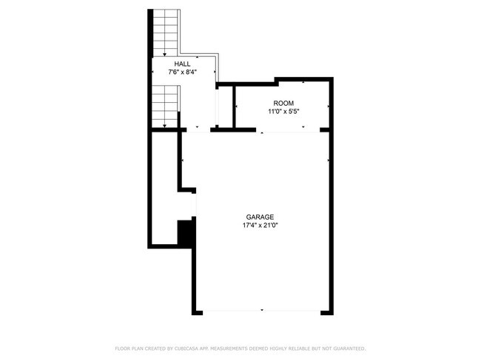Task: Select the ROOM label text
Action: click(283, 103)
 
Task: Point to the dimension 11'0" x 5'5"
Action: click(283, 112)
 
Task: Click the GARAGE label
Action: click(260, 217)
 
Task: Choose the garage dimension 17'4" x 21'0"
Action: click(260, 226)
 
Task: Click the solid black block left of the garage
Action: click(186, 233)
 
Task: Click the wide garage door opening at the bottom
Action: click(261, 311)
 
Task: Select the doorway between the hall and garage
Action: click(198, 129)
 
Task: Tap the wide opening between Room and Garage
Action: click(290, 130)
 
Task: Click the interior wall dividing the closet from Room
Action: click(234, 107)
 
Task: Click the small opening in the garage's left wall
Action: click(195, 203)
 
